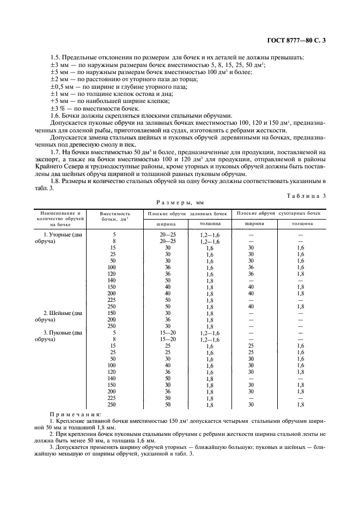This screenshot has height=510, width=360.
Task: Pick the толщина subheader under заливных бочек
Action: pos(210,223)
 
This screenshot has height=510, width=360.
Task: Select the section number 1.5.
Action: pos(55,57)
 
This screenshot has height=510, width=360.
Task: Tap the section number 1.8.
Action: pos(55,180)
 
